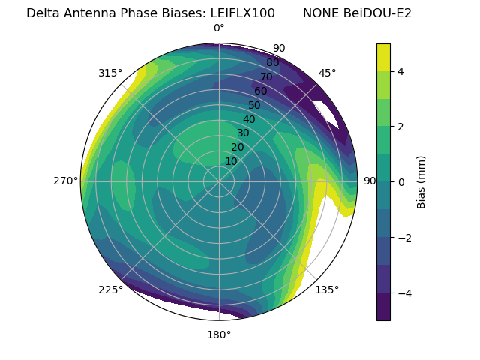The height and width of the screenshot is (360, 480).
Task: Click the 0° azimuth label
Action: point(219,28)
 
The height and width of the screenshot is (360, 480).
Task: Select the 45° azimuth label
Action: point(328,73)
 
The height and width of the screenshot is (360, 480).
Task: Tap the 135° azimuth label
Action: point(327,289)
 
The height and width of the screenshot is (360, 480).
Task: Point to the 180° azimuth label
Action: point(219,334)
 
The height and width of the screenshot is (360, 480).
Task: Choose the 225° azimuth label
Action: point(110,290)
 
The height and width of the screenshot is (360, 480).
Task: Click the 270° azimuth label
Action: point(65,181)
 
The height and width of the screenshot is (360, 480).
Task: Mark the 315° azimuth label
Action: point(110,73)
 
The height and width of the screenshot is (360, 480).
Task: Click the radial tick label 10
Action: point(231,161)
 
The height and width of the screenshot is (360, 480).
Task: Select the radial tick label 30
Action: point(243,133)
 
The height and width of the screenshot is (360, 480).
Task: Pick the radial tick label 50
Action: point(255,105)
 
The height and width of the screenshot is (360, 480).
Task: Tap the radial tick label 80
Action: point(272,63)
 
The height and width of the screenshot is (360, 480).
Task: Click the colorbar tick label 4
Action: point(401,71)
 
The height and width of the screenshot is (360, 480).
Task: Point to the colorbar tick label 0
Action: point(401,182)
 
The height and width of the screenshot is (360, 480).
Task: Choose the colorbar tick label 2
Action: point(401,127)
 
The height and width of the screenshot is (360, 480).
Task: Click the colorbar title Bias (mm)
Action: point(421,181)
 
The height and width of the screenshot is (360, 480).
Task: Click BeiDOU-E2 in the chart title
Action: point(378,13)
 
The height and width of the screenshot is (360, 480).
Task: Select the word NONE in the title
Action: point(320,13)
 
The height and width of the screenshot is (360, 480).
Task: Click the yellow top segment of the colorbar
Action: point(383,57)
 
